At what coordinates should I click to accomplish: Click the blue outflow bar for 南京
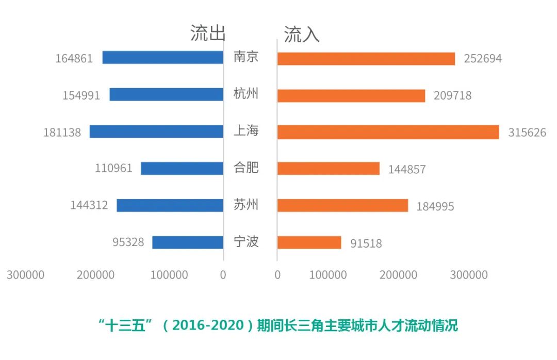coord(162,57)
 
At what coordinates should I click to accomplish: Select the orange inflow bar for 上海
coord(388,132)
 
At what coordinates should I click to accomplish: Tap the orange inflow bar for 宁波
coord(309,242)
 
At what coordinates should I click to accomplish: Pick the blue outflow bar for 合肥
coord(182,168)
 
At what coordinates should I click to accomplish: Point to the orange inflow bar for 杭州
coord(351,95)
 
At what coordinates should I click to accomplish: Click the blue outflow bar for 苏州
coord(170,205)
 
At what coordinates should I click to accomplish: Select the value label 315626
coord(527,133)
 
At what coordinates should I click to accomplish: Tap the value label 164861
coord(74,58)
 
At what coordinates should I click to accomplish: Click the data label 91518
coord(366,243)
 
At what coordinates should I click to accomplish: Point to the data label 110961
coord(113,168)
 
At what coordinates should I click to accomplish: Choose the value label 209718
coord(453,95)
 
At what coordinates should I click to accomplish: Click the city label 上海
coord(246,131)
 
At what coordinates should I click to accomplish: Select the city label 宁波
coord(246,241)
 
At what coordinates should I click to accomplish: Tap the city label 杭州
coord(246,94)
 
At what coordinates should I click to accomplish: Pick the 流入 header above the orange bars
coord(302,34)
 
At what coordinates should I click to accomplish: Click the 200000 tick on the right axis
coord(398,275)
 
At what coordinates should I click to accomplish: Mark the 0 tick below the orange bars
coord(277,275)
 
